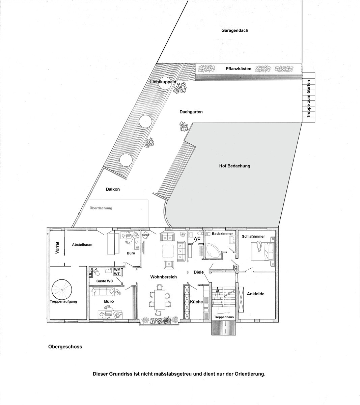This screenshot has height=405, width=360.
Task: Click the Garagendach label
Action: (235, 30)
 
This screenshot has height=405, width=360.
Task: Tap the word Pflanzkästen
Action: (239, 69)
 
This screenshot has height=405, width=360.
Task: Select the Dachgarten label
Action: (191, 112)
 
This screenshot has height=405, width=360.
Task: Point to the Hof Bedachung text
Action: (235, 166)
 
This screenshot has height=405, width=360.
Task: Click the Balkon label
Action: (113, 189)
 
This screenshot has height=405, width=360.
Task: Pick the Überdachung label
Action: (101, 208)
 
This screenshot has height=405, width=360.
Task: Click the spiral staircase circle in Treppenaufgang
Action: (62, 289)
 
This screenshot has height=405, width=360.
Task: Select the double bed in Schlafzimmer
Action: (262, 251)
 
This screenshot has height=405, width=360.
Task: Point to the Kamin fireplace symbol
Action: (145, 235)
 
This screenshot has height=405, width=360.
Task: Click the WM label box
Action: (117, 270)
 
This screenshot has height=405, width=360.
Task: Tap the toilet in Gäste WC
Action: (96, 272)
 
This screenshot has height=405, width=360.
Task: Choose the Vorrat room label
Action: (57, 248)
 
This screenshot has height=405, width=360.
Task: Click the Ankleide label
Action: (255, 294)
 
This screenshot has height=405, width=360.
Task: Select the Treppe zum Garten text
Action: (308, 99)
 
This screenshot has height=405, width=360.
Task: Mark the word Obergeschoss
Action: (65, 347)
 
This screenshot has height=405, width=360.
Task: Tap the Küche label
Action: (196, 302)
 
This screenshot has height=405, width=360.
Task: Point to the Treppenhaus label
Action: (224, 317)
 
